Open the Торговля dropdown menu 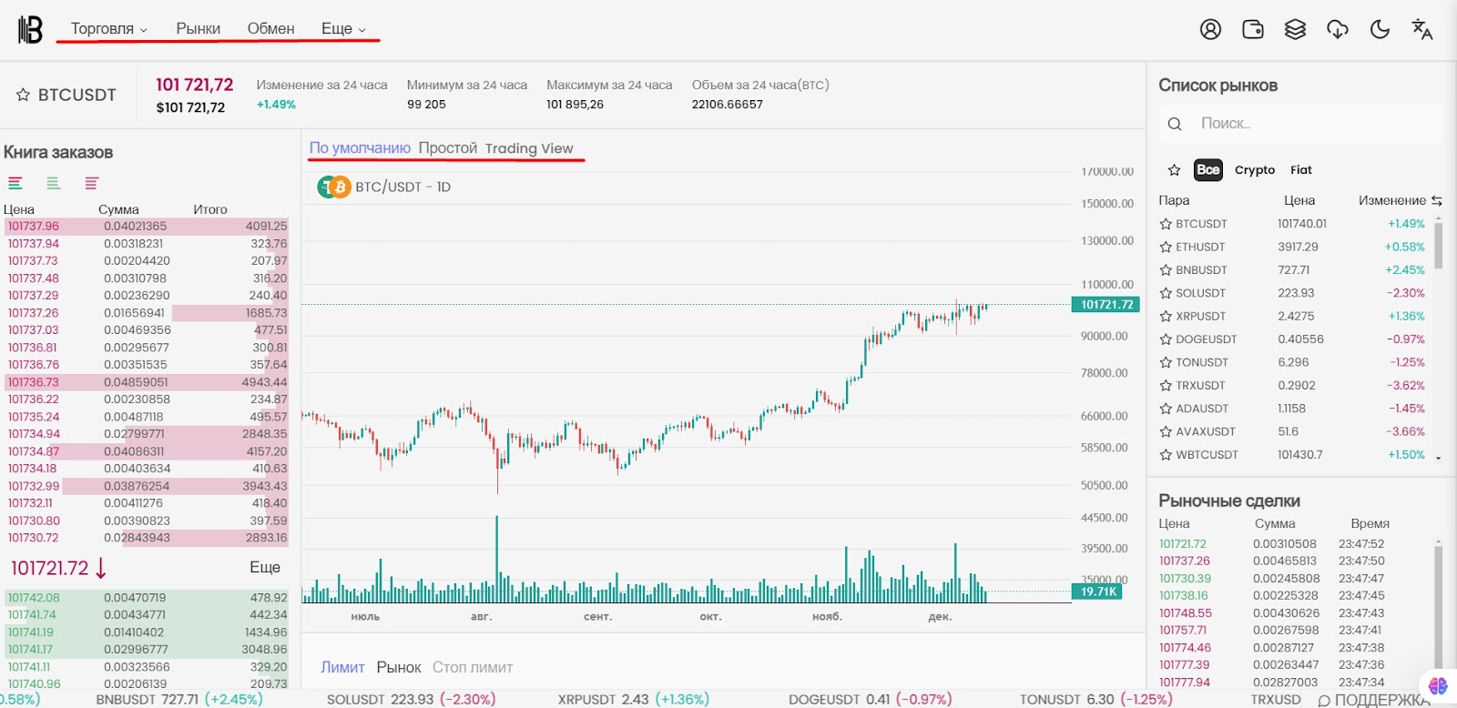point(108,29)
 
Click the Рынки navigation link point(198,29)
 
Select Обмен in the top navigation point(270,29)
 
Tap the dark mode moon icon point(1380,30)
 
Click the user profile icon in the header point(1210,30)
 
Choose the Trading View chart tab point(528,148)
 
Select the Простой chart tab point(447,148)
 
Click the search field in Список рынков point(1311,124)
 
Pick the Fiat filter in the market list point(1300,170)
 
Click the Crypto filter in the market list point(1254,170)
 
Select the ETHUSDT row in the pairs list point(1199,247)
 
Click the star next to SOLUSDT point(1166,293)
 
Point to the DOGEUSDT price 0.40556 point(1300,339)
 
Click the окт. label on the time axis point(710,617)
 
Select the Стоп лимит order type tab point(473,668)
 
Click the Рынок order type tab point(399,668)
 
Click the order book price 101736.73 point(34,382)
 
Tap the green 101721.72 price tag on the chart point(1106,305)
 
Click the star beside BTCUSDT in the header point(24,95)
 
